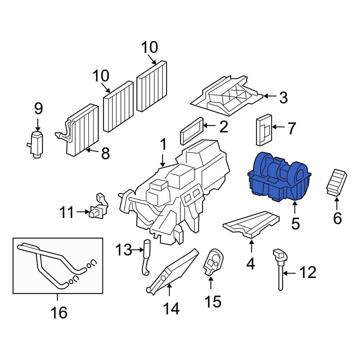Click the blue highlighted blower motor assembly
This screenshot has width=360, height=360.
click(x=279, y=178)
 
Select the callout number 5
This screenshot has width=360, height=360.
click(x=295, y=224)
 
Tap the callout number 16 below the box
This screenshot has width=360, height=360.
click(x=59, y=312)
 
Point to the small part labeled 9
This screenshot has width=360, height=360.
click(x=36, y=144)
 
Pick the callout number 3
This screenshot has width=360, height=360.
click(x=283, y=98)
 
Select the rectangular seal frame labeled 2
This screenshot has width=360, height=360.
click(x=192, y=131)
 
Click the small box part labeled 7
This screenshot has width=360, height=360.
click(x=264, y=130)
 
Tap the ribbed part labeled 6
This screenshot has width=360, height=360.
click(x=336, y=183)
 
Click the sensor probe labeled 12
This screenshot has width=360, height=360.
click(x=280, y=270)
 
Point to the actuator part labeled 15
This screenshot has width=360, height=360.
click(x=213, y=262)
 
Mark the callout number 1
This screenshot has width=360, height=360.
click(x=163, y=144)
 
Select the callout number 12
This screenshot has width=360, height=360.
click(x=308, y=272)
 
